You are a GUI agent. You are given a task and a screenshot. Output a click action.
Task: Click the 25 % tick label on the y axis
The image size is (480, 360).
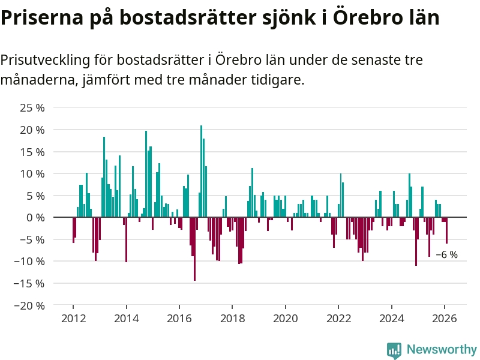coord(33,108)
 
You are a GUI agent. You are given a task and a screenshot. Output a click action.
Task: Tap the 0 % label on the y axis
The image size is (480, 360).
coord(35,217)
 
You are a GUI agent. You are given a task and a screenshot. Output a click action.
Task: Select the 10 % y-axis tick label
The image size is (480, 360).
coord(33,173)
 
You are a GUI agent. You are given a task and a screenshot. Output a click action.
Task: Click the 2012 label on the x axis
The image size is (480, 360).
coord(73,318)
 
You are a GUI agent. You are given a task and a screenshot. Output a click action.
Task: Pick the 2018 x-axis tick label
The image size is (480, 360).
coord(232,318)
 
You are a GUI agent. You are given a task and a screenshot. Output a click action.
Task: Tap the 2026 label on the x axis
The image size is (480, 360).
coord(445,318)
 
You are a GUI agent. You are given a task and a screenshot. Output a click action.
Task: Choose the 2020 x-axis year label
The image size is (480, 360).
coord(285,318)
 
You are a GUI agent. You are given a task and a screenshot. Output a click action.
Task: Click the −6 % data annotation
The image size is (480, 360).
coord(446,254)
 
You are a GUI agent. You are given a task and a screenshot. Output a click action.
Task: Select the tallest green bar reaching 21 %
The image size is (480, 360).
coord(201,171)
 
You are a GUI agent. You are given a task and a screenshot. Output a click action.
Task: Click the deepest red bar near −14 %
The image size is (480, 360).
coord(194,248)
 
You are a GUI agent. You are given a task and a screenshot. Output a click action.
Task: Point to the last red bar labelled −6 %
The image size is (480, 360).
coord(446,230)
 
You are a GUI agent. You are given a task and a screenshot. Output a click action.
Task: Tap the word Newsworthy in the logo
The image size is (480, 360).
coord(442,349)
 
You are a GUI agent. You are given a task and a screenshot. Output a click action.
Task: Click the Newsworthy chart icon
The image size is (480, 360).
coord(394,350)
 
